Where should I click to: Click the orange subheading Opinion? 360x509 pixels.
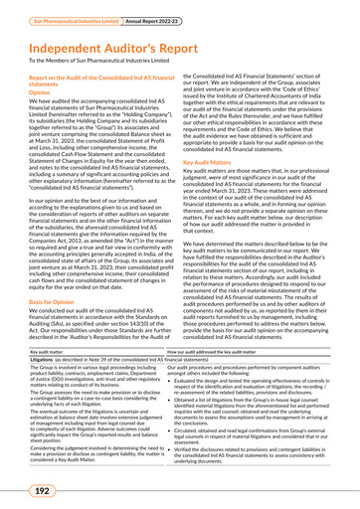point(38,99)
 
